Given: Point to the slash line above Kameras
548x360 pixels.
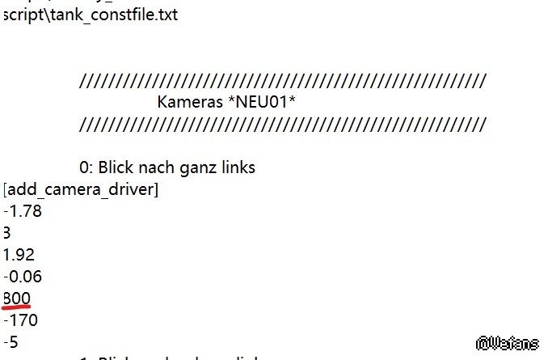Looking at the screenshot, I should (283, 81).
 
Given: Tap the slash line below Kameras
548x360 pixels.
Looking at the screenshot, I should (283, 125).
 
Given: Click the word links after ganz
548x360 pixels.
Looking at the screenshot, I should (237, 168).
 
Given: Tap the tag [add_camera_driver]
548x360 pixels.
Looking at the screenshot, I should (81, 190).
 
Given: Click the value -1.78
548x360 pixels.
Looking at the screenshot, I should (23, 212).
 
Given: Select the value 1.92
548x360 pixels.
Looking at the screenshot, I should (19, 255).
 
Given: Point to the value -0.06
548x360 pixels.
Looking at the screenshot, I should (23, 277).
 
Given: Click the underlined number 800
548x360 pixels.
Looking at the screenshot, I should (16, 299).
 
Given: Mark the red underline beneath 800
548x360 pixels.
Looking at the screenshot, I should (16, 307).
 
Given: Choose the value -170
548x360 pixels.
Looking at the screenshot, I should (20, 320).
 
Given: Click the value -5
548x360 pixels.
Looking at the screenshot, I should (11, 342).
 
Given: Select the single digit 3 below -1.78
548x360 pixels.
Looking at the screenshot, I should (6, 234).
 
